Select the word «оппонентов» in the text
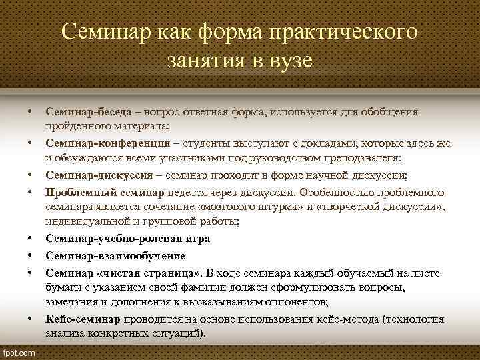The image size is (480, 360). pos(293,303)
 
